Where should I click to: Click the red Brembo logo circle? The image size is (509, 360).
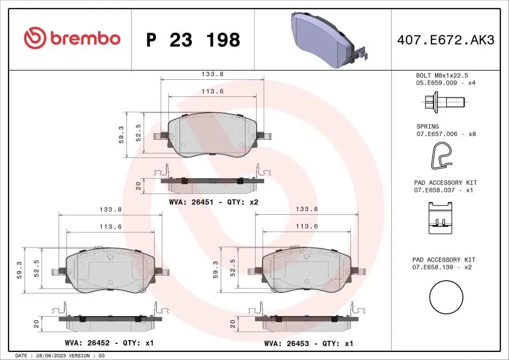click(x=35, y=38)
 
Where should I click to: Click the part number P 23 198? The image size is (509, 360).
click(x=193, y=40)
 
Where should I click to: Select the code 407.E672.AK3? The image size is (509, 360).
click(x=446, y=40)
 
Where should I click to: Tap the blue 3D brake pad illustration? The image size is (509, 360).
click(x=330, y=40)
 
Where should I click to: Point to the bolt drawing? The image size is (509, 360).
click(x=445, y=102)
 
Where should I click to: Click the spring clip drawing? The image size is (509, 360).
click(x=441, y=156)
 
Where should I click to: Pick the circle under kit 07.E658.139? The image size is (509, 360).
click(x=446, y=297)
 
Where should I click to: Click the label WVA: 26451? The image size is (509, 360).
click(x=191, y=202)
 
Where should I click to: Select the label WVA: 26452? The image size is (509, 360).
click(x=87, y=343)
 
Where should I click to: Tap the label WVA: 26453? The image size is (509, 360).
click(x=287, y=343)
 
